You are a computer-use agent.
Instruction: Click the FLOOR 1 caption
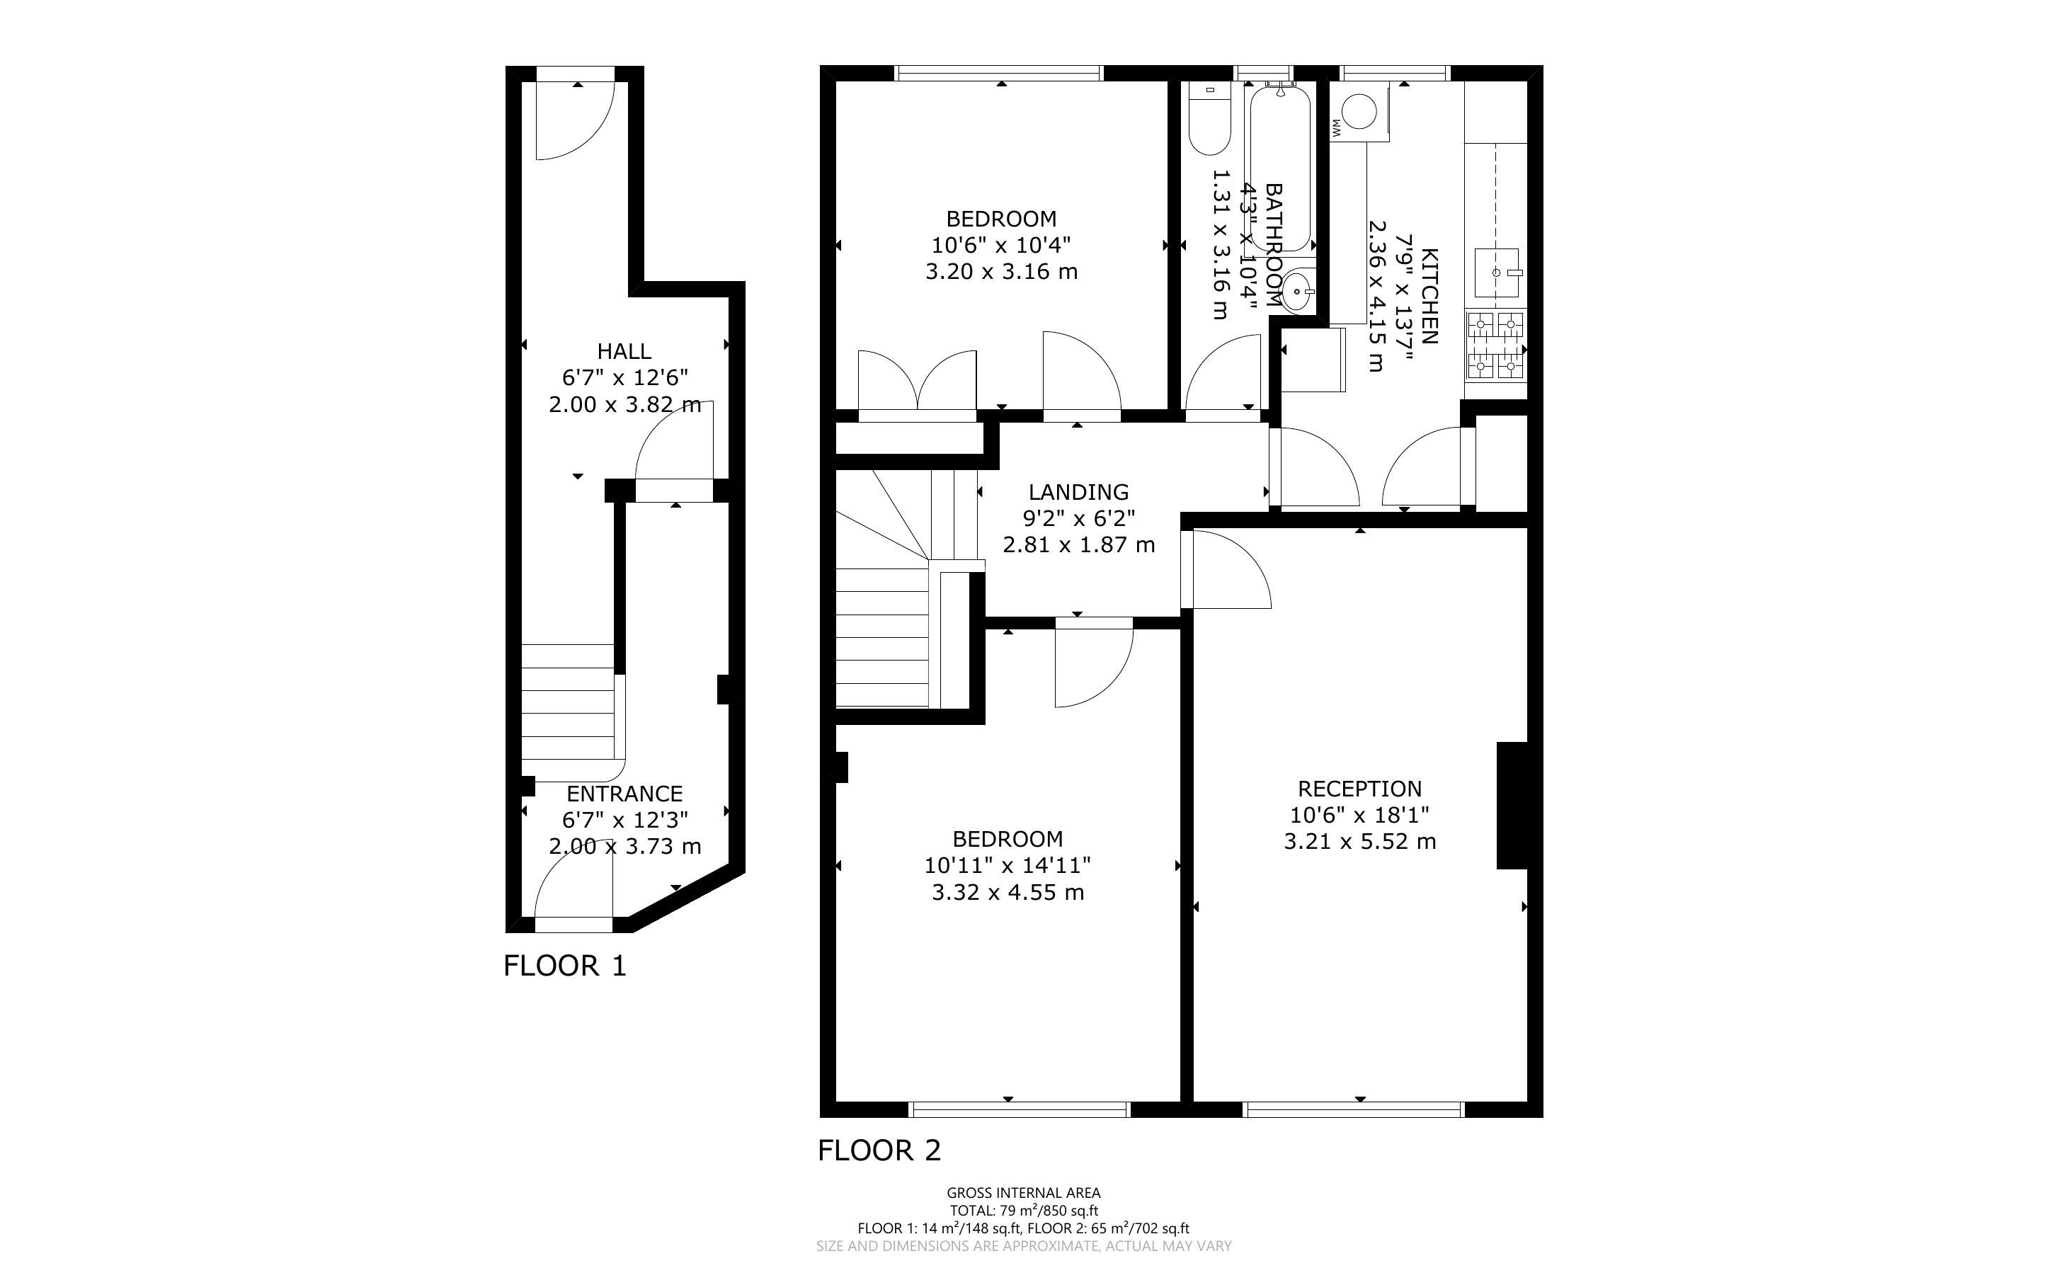coord(564,966)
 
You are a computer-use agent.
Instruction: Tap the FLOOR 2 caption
coord(879,1150)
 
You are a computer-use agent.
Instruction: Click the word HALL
coord(624,351)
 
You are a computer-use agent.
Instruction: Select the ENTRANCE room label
coord(624,794)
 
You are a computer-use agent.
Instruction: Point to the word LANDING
coord(1079,492)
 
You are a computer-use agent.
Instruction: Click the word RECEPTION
coord(1360,789)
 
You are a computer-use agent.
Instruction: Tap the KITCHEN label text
coord(1429,297)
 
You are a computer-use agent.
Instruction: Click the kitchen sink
coord(1497,273)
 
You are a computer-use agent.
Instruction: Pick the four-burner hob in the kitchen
coord(1495,345)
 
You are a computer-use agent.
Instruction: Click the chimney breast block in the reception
coord(1512,806)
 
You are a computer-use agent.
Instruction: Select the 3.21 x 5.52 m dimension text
coord(1360,842)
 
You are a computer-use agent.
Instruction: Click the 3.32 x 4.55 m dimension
coord(1008,892)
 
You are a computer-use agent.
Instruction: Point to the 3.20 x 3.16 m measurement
coord(1001,272)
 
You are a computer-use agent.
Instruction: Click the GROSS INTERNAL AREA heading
coord(1024,1193)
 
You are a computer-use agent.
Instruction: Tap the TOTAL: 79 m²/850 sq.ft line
coord(1024,1211)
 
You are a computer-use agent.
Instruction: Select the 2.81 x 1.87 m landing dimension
coord(1079,544)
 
